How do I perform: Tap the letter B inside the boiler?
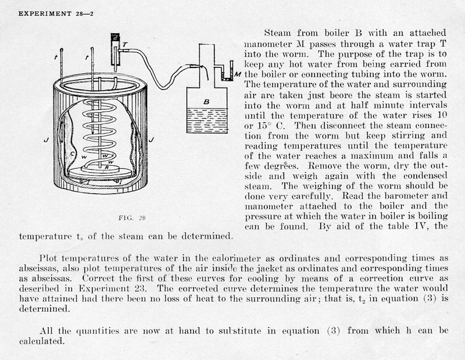[x=205, y=101]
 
